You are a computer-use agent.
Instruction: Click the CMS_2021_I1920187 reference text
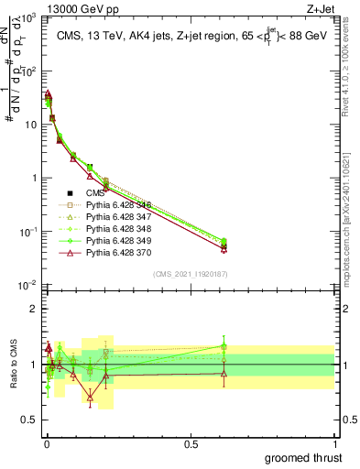190,274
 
